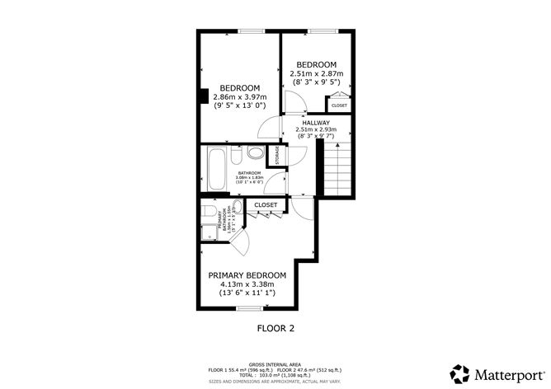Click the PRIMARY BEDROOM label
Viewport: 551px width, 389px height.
pos(247,275)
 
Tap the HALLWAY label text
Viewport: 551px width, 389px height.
pos(316,122)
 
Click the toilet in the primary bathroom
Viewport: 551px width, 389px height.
pos(236,208)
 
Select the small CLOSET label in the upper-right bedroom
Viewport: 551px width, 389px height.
pos(339,105)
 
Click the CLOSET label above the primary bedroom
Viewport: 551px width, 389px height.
pos(266,204)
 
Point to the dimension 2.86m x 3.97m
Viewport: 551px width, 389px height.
pos(239,97)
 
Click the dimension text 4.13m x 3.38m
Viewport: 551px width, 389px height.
pos(247,285)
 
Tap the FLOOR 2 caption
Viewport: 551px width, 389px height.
pos(275,327)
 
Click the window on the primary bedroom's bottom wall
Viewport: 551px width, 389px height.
pos(247,308)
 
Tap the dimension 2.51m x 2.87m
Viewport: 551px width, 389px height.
pos(317,74)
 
